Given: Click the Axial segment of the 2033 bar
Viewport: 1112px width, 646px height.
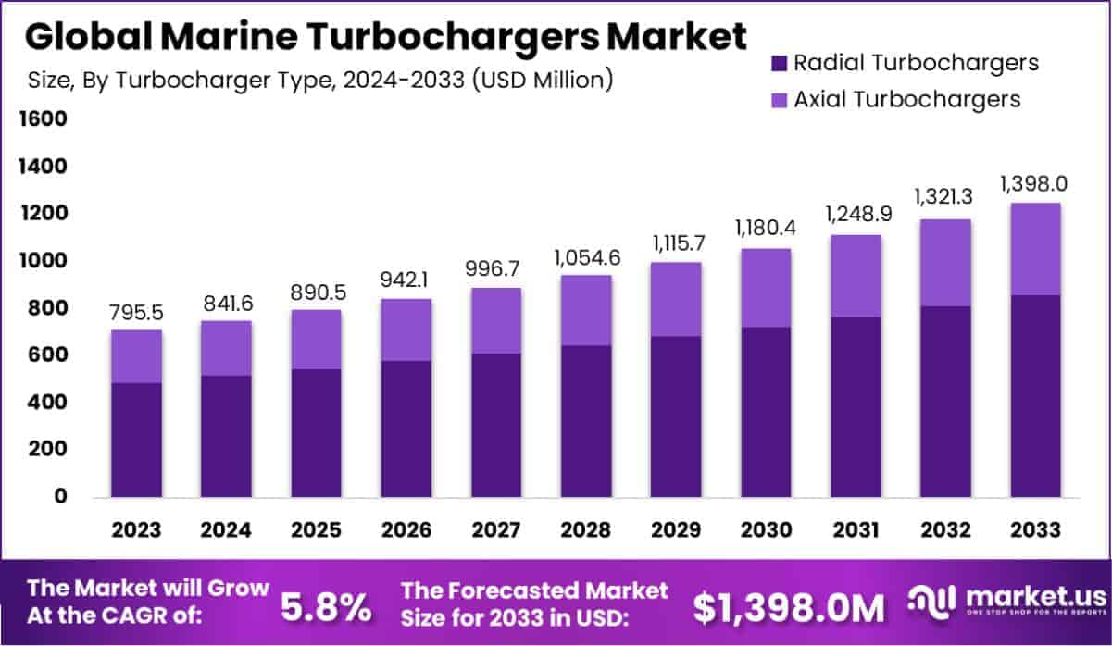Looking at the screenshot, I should (x=1035, y=249).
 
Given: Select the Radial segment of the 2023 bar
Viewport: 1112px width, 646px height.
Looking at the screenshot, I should (x=137, y=441).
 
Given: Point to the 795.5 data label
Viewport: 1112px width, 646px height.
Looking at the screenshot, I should (x=137, y=312).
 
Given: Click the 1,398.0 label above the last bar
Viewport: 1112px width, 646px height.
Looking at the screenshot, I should (x=1033, y=184).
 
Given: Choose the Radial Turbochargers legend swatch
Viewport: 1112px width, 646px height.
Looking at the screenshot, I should (x=778, y=63).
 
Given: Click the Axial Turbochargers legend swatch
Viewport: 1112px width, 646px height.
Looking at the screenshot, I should (x=778, y=99).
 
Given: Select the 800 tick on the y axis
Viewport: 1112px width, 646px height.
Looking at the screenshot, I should (x=46, y=308).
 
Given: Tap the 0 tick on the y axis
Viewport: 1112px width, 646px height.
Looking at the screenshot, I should (x=59, y=497).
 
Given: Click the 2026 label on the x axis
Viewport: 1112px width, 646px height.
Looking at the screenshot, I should (x=406, y=530).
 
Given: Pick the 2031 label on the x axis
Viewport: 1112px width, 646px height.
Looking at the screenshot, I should (x=856, y=530).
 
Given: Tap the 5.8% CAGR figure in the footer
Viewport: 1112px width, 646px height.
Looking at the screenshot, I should (x=325, y=607).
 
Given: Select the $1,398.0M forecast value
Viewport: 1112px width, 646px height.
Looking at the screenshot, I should (x=789, y=607).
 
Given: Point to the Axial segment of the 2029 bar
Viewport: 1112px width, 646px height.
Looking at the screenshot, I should (x=676, y=299).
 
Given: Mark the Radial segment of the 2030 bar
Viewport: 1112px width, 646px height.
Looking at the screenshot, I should (x=766, y=412).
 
